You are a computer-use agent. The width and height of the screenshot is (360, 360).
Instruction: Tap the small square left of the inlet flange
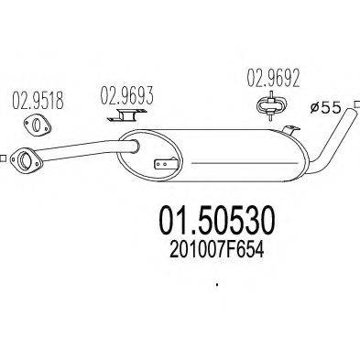pos(4,157)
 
